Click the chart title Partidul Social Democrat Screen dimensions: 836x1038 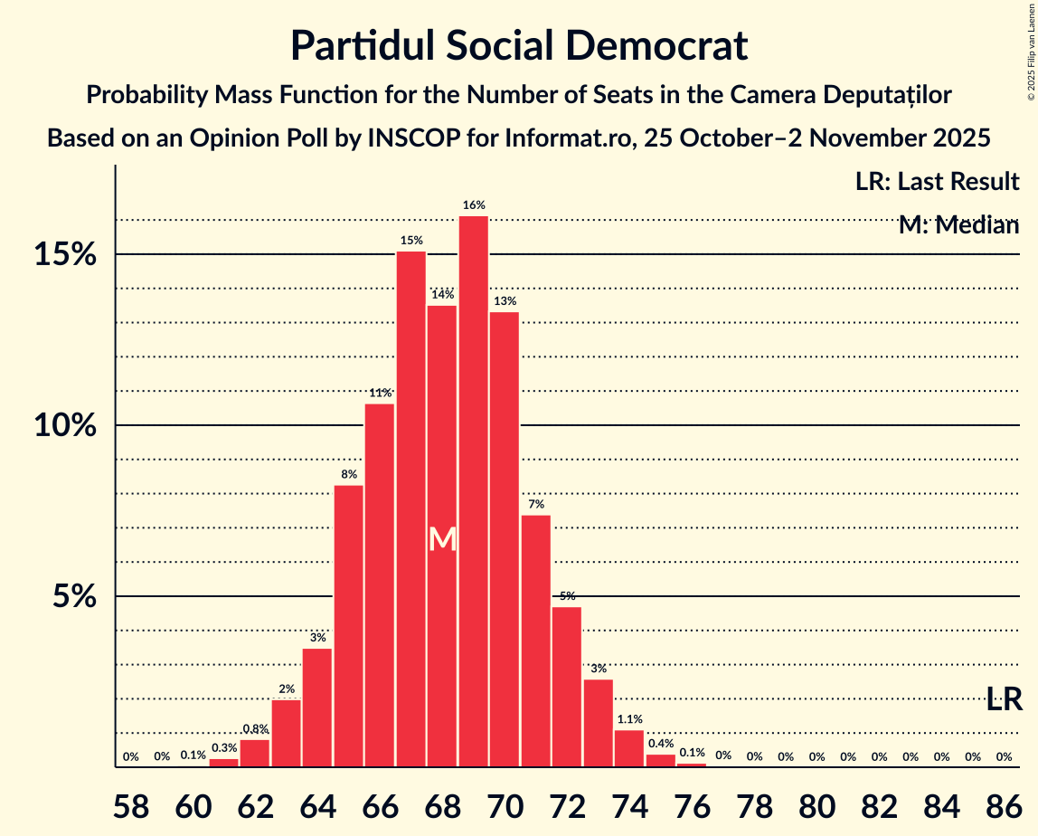(519, 45)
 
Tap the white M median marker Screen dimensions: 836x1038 (442, 540)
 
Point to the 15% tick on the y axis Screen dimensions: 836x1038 (64, 255)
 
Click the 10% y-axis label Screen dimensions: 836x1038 (64, 426)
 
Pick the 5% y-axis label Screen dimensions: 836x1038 (72, 597)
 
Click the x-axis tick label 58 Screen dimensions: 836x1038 (130, 805)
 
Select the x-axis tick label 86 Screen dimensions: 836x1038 (1004, 805)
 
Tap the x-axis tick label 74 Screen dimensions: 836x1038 (629, 805)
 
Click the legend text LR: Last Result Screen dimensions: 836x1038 (937, 182)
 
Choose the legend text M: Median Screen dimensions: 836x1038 (958, 225)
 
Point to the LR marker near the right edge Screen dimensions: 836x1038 (1004, 699)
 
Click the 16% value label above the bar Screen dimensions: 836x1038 (474, 205)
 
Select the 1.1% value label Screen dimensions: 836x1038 (629, 719)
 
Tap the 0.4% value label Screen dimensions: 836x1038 (661, 744)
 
